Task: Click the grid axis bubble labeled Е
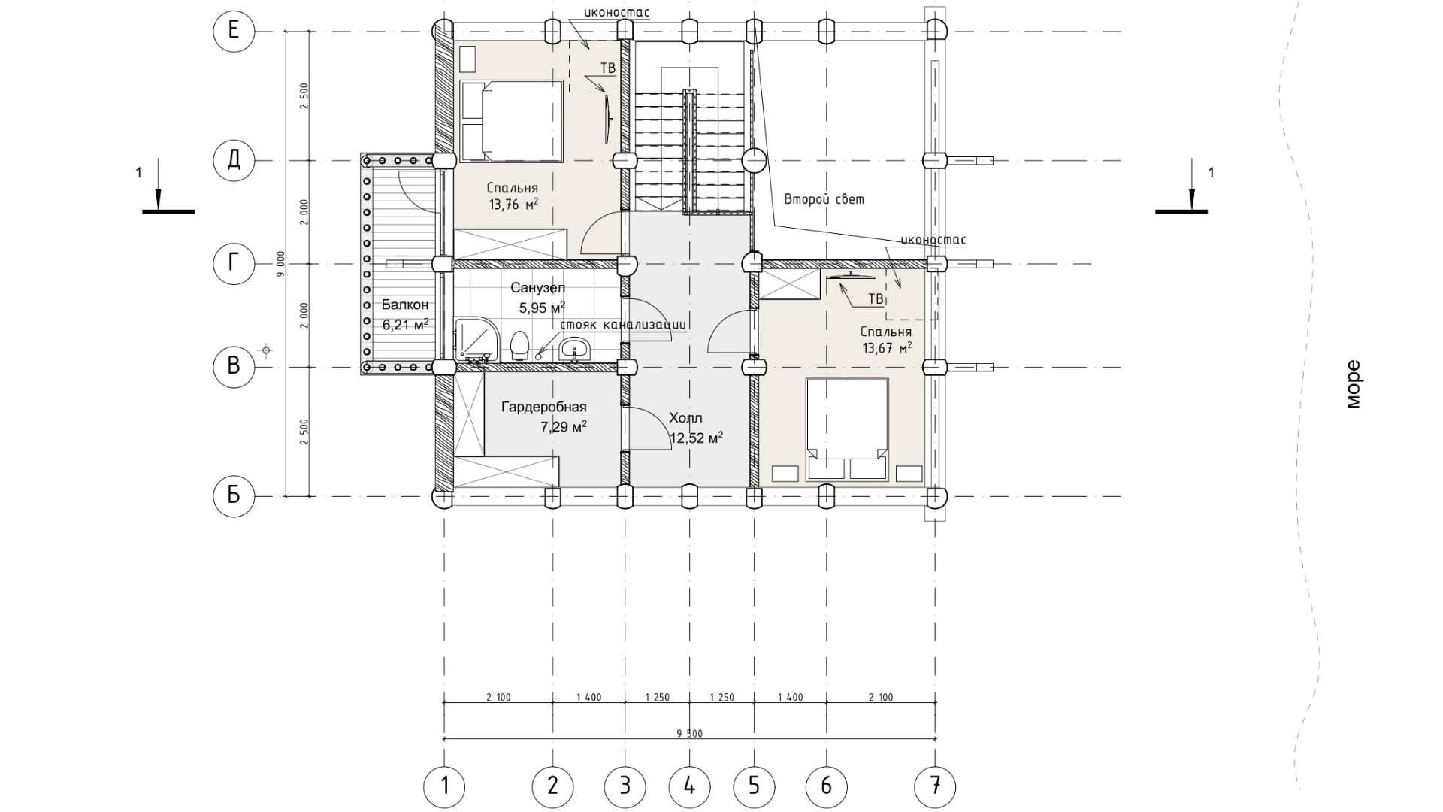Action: pyautogui.click(x=234, y=31)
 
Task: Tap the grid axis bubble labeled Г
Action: pyautogui.click(x=234, y=263)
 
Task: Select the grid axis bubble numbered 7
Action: pyautogui.click(x=935, y=786)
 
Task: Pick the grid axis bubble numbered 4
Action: pyautogui.click(x=689, y=786)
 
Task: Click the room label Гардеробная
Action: pyautogui.click(x=544, y=408)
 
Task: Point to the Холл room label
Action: pyautogui.click(x=685, y=418)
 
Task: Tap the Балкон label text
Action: pyautogui.click(x=405, y=304)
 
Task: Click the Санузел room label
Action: pyautogui.click(x=538, y=288)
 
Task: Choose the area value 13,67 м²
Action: pyautogui.click(x=888, y=347)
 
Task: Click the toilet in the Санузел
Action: pyautogui.click(x=519, y=347)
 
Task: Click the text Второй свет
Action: pyautogui.click(x=824, y=199)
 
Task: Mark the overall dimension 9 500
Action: pyautogui.click(x=689, y=733)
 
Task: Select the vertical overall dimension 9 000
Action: pyautogui.click(x=280, y=263)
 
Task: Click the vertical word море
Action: pyautogui.click(x=1353, y=385)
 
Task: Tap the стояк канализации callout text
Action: pyautogui.click(x=623, y=326)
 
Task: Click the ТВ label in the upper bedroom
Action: pyautogui.click(x=607, y=68)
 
